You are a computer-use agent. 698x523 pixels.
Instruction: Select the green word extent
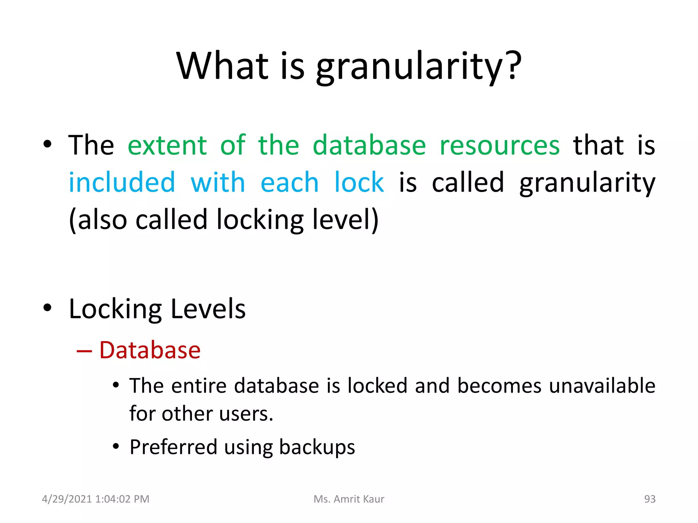click(167, 145)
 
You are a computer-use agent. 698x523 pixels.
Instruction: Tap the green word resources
click(500, 145)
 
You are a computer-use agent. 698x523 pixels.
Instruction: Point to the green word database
click(369, 145)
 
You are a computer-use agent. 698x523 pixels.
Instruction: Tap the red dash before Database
click(84, 351)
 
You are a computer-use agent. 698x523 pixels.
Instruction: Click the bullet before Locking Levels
click(47, 308)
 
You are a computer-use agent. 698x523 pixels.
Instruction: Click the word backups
click(317, 447)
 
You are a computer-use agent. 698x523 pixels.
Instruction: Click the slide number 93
click(650, 499)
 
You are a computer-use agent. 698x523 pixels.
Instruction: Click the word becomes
click(499, 386)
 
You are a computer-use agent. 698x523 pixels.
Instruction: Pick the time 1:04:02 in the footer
click(113, 499)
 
